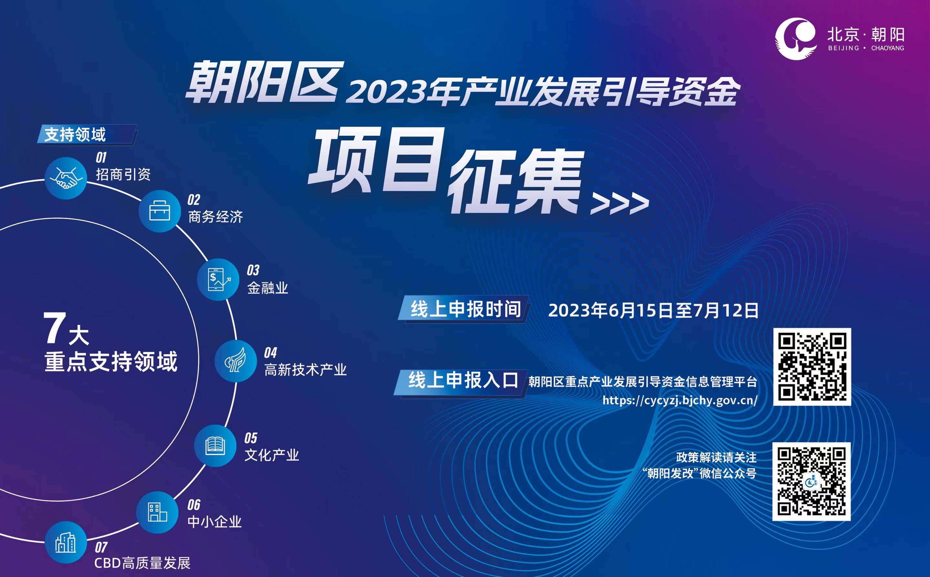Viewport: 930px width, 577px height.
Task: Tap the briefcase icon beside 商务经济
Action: (160, 211)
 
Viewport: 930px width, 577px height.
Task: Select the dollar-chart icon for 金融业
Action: (218, 279)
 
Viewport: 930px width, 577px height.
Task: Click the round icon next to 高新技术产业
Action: (235, 361)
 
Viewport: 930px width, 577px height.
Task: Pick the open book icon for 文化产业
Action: (215, 445)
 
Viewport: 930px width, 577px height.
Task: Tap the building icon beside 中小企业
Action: (157, 512)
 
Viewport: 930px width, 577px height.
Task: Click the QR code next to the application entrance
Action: (812, 366)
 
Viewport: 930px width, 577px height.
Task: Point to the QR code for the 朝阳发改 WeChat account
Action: (811, 481)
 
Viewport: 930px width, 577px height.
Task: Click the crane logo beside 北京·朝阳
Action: (796, 39)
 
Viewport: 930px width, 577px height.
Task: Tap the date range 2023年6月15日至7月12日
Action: (653, 310)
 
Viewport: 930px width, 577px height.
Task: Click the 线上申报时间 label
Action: (465, 309)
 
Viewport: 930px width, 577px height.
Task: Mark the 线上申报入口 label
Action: (463, 380)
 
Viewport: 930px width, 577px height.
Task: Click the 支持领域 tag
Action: (75, 134)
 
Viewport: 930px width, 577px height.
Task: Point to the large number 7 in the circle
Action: (55, 328)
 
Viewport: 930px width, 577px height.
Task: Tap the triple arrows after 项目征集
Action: (619, 203)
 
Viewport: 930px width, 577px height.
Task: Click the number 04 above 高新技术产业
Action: (270, 352)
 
